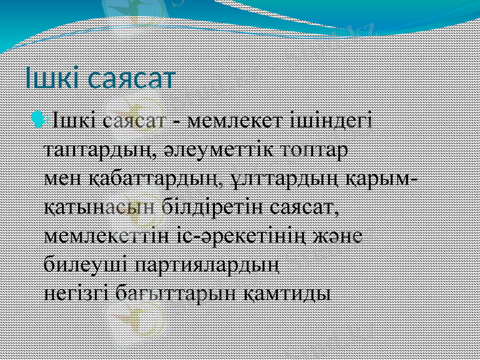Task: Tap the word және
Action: coord(341,236)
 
